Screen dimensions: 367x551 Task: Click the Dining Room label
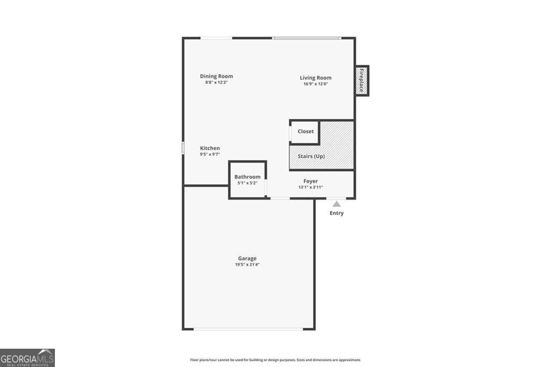pos(216,76)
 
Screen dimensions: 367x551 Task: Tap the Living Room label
pos(315,78)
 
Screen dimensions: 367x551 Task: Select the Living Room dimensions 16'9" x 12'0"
pos(315,84)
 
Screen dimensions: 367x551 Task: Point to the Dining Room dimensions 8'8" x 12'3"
pos(216,82)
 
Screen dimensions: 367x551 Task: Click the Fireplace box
pos(362,80)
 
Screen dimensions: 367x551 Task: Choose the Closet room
pos(305,132)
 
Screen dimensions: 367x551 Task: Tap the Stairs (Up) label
pos(312,157)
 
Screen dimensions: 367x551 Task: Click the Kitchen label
pos(210,148)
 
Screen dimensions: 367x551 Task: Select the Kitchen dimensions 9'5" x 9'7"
pos(210,154)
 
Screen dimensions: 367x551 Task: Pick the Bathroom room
pos(248,180)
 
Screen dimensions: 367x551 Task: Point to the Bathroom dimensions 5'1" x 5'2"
pos(248,183)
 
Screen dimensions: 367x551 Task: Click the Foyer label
pos(310,181)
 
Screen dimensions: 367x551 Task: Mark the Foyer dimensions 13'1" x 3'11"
pos(310,187)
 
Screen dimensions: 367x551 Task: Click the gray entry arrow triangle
pos(336,204)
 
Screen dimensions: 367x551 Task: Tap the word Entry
pos(336,213)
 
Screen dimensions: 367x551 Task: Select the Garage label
pos(248,258)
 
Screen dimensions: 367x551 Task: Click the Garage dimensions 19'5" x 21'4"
pos(248,264)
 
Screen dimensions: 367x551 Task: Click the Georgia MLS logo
pos(27,358)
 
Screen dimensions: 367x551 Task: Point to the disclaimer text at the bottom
pos(275,360)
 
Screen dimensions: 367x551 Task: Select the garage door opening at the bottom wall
pos(248,329)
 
